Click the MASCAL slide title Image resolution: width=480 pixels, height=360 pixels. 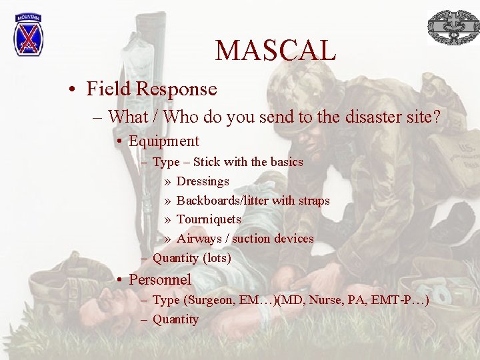275,50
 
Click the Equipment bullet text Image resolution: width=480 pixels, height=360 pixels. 163,141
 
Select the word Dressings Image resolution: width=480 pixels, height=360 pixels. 203,181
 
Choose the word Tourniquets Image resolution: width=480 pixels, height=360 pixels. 209,219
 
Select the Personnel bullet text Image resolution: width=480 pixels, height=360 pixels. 159,280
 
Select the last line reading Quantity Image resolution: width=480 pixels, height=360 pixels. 175,319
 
